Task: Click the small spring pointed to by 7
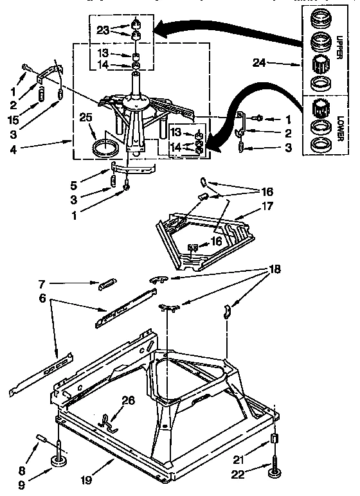(x=107, y=284)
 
